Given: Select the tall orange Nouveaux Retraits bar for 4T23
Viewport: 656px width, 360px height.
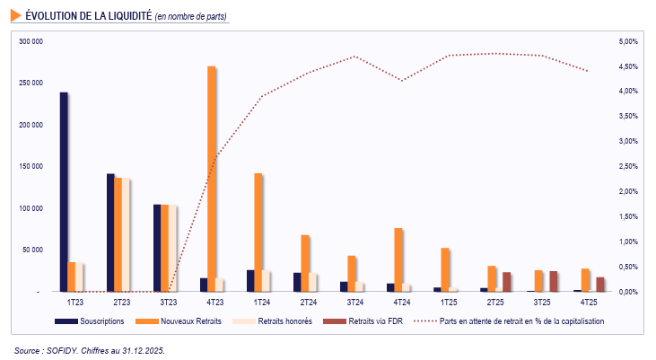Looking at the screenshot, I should point(212,179).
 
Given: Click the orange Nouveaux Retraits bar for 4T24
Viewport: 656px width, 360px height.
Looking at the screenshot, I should point(398,260).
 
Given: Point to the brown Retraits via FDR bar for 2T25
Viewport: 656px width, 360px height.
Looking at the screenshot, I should point(507,282).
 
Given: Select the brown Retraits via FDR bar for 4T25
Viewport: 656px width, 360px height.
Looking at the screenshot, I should point(600,285).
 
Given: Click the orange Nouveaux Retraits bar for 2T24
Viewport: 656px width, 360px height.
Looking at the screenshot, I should point(305,264).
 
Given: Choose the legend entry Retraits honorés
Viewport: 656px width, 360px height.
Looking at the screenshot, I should point(284,320).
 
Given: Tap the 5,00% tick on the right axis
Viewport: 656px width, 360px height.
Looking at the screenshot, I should point(628,41).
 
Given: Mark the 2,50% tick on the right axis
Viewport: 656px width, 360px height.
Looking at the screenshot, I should point(628,167).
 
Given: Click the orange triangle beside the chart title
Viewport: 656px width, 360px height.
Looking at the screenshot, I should point(16,15).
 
